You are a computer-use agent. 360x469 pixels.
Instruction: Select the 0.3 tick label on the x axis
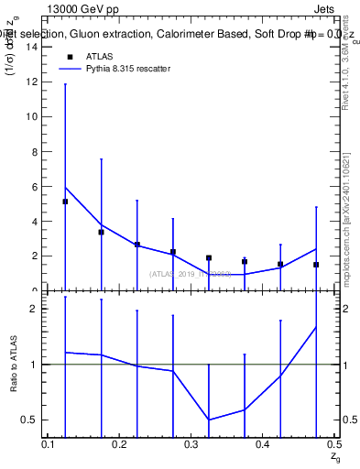point(191,444)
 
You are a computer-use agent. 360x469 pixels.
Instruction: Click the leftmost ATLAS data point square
point(65,202)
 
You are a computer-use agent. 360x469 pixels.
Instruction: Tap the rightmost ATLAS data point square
point(316,265)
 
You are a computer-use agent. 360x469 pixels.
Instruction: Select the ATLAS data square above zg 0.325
point(209,258)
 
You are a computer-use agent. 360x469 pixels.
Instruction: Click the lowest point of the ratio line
point(209,420)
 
